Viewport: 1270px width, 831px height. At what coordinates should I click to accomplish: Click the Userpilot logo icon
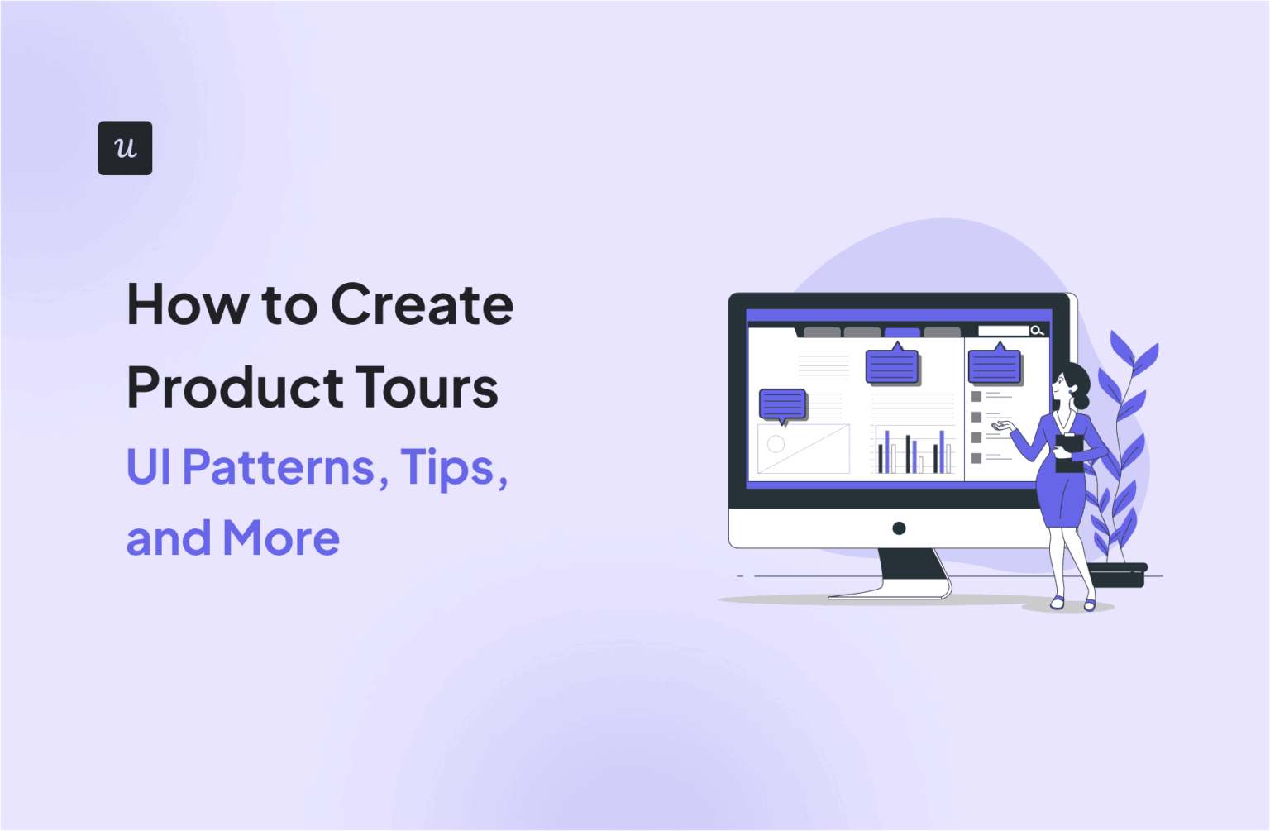point(125,148)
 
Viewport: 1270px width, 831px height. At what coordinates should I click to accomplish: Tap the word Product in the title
point(235,388)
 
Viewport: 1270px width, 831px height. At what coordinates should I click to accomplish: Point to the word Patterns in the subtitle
point(278,467)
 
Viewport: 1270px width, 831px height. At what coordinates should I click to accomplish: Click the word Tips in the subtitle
point(446,467)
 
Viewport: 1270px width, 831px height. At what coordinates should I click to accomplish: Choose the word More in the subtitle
point(281,538)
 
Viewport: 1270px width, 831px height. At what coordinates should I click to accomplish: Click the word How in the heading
point(187,305)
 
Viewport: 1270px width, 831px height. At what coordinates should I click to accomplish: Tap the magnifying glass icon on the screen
point(1037,331)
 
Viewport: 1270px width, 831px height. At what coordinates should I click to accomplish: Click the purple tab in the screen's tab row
point(902,332)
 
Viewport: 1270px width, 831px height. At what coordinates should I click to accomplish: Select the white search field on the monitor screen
point(1003,331)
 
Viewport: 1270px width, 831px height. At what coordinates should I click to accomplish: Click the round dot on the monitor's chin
point(899,528)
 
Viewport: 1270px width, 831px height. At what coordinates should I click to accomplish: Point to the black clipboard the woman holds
point(1069,451)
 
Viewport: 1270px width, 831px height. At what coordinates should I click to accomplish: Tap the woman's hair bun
point(1081,401)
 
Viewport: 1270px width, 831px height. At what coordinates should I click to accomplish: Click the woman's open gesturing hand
point(1003,426)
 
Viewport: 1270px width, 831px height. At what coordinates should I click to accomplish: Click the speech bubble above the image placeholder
point(782,405)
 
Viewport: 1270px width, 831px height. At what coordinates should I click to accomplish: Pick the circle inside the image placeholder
point(776,444)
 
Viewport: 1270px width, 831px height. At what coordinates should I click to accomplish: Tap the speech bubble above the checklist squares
point(995,367)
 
